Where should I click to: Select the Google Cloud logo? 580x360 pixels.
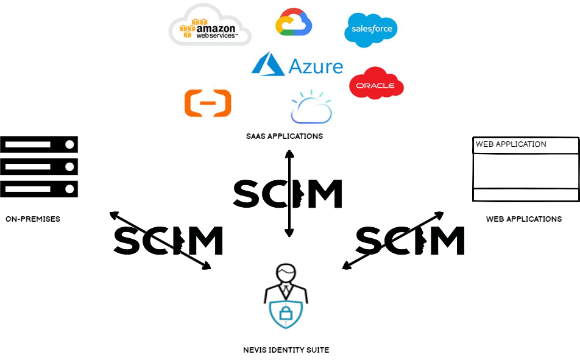294,23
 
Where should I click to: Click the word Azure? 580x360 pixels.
316,65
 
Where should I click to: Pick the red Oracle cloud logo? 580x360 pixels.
376,83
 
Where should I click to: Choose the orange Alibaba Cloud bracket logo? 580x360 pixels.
208,103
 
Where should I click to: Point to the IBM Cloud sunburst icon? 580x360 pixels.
311,107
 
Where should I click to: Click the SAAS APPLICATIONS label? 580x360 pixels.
285,136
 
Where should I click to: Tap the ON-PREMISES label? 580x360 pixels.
33,219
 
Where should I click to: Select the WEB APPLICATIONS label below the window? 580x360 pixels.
523,219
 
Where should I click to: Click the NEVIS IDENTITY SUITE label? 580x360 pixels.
286,350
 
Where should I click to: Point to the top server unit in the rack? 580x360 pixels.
39,144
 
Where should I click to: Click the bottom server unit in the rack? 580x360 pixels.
39,188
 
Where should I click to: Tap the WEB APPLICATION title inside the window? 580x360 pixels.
511,144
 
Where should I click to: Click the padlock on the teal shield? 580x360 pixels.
286,314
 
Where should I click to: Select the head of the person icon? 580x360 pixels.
286,272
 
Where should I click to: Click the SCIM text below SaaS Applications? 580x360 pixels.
288,194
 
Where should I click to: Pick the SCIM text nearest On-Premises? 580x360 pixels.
168,240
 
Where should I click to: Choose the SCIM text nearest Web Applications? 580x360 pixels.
410,240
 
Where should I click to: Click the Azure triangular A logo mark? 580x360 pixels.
268,65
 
